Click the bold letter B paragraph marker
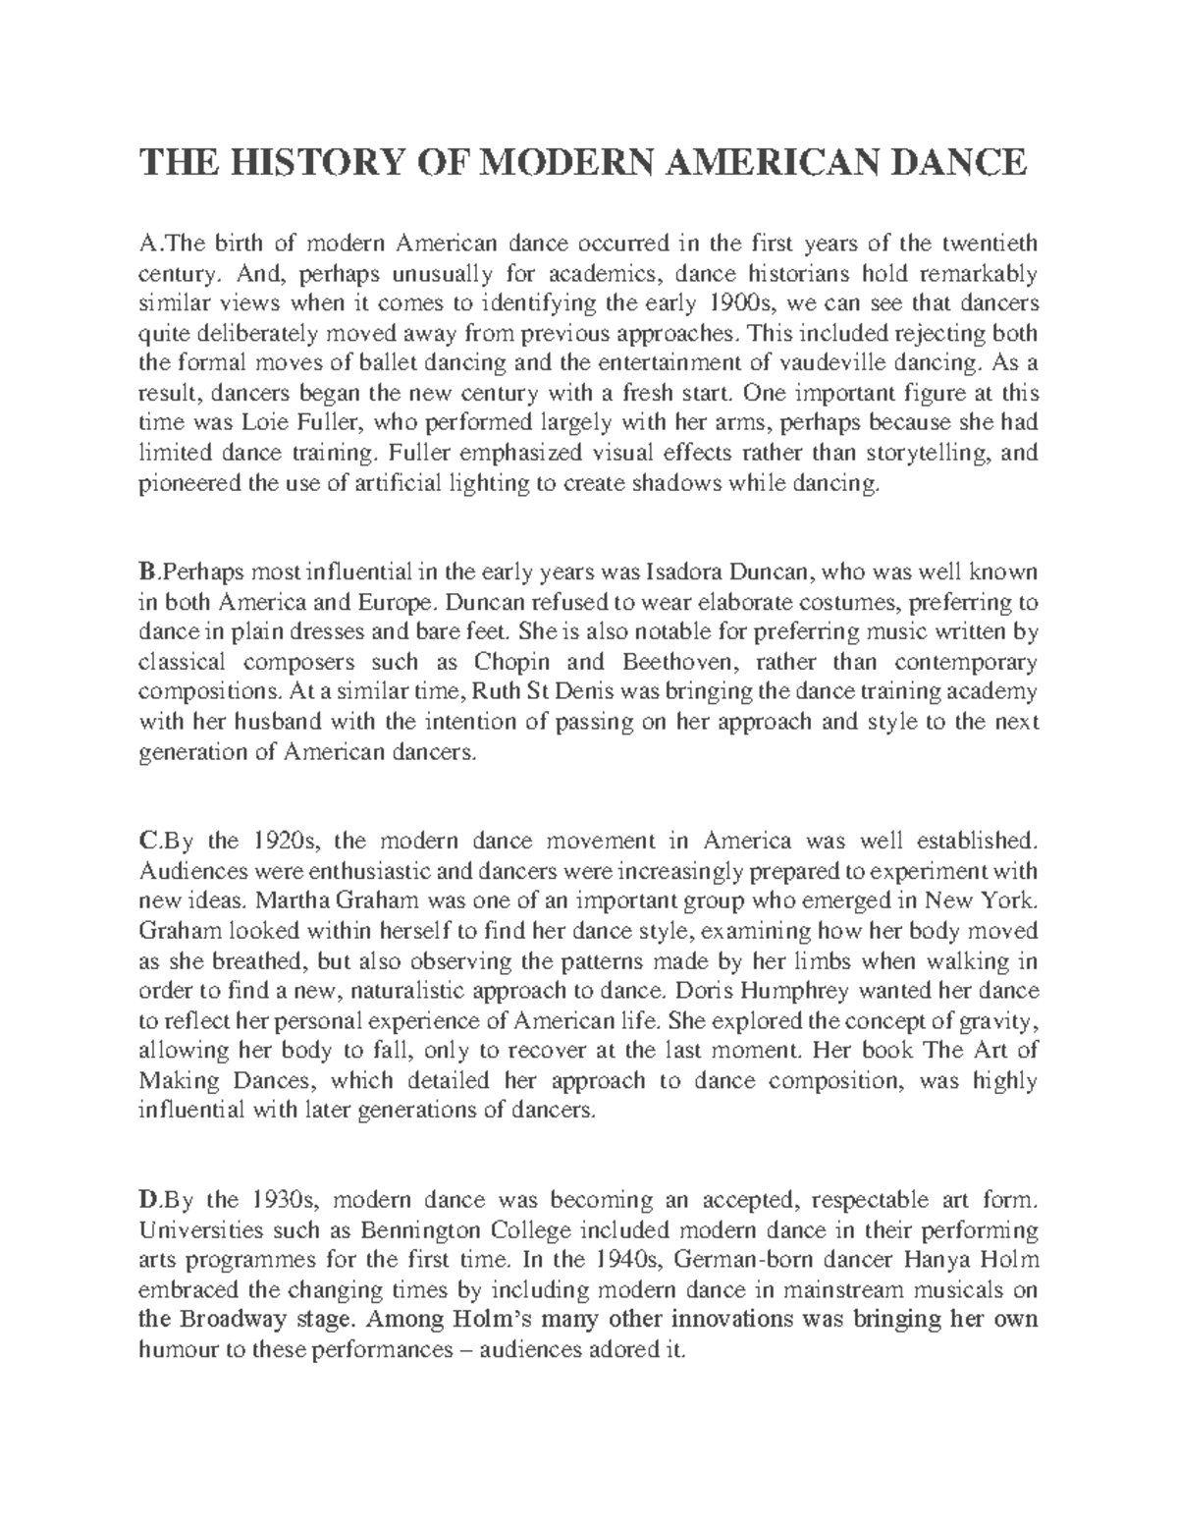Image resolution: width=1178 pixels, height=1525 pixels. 146,572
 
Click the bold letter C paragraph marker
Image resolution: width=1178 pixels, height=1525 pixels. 146,842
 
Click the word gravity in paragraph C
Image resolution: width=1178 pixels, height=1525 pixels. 1005,1020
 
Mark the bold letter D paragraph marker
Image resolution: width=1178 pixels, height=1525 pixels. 147,1200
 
